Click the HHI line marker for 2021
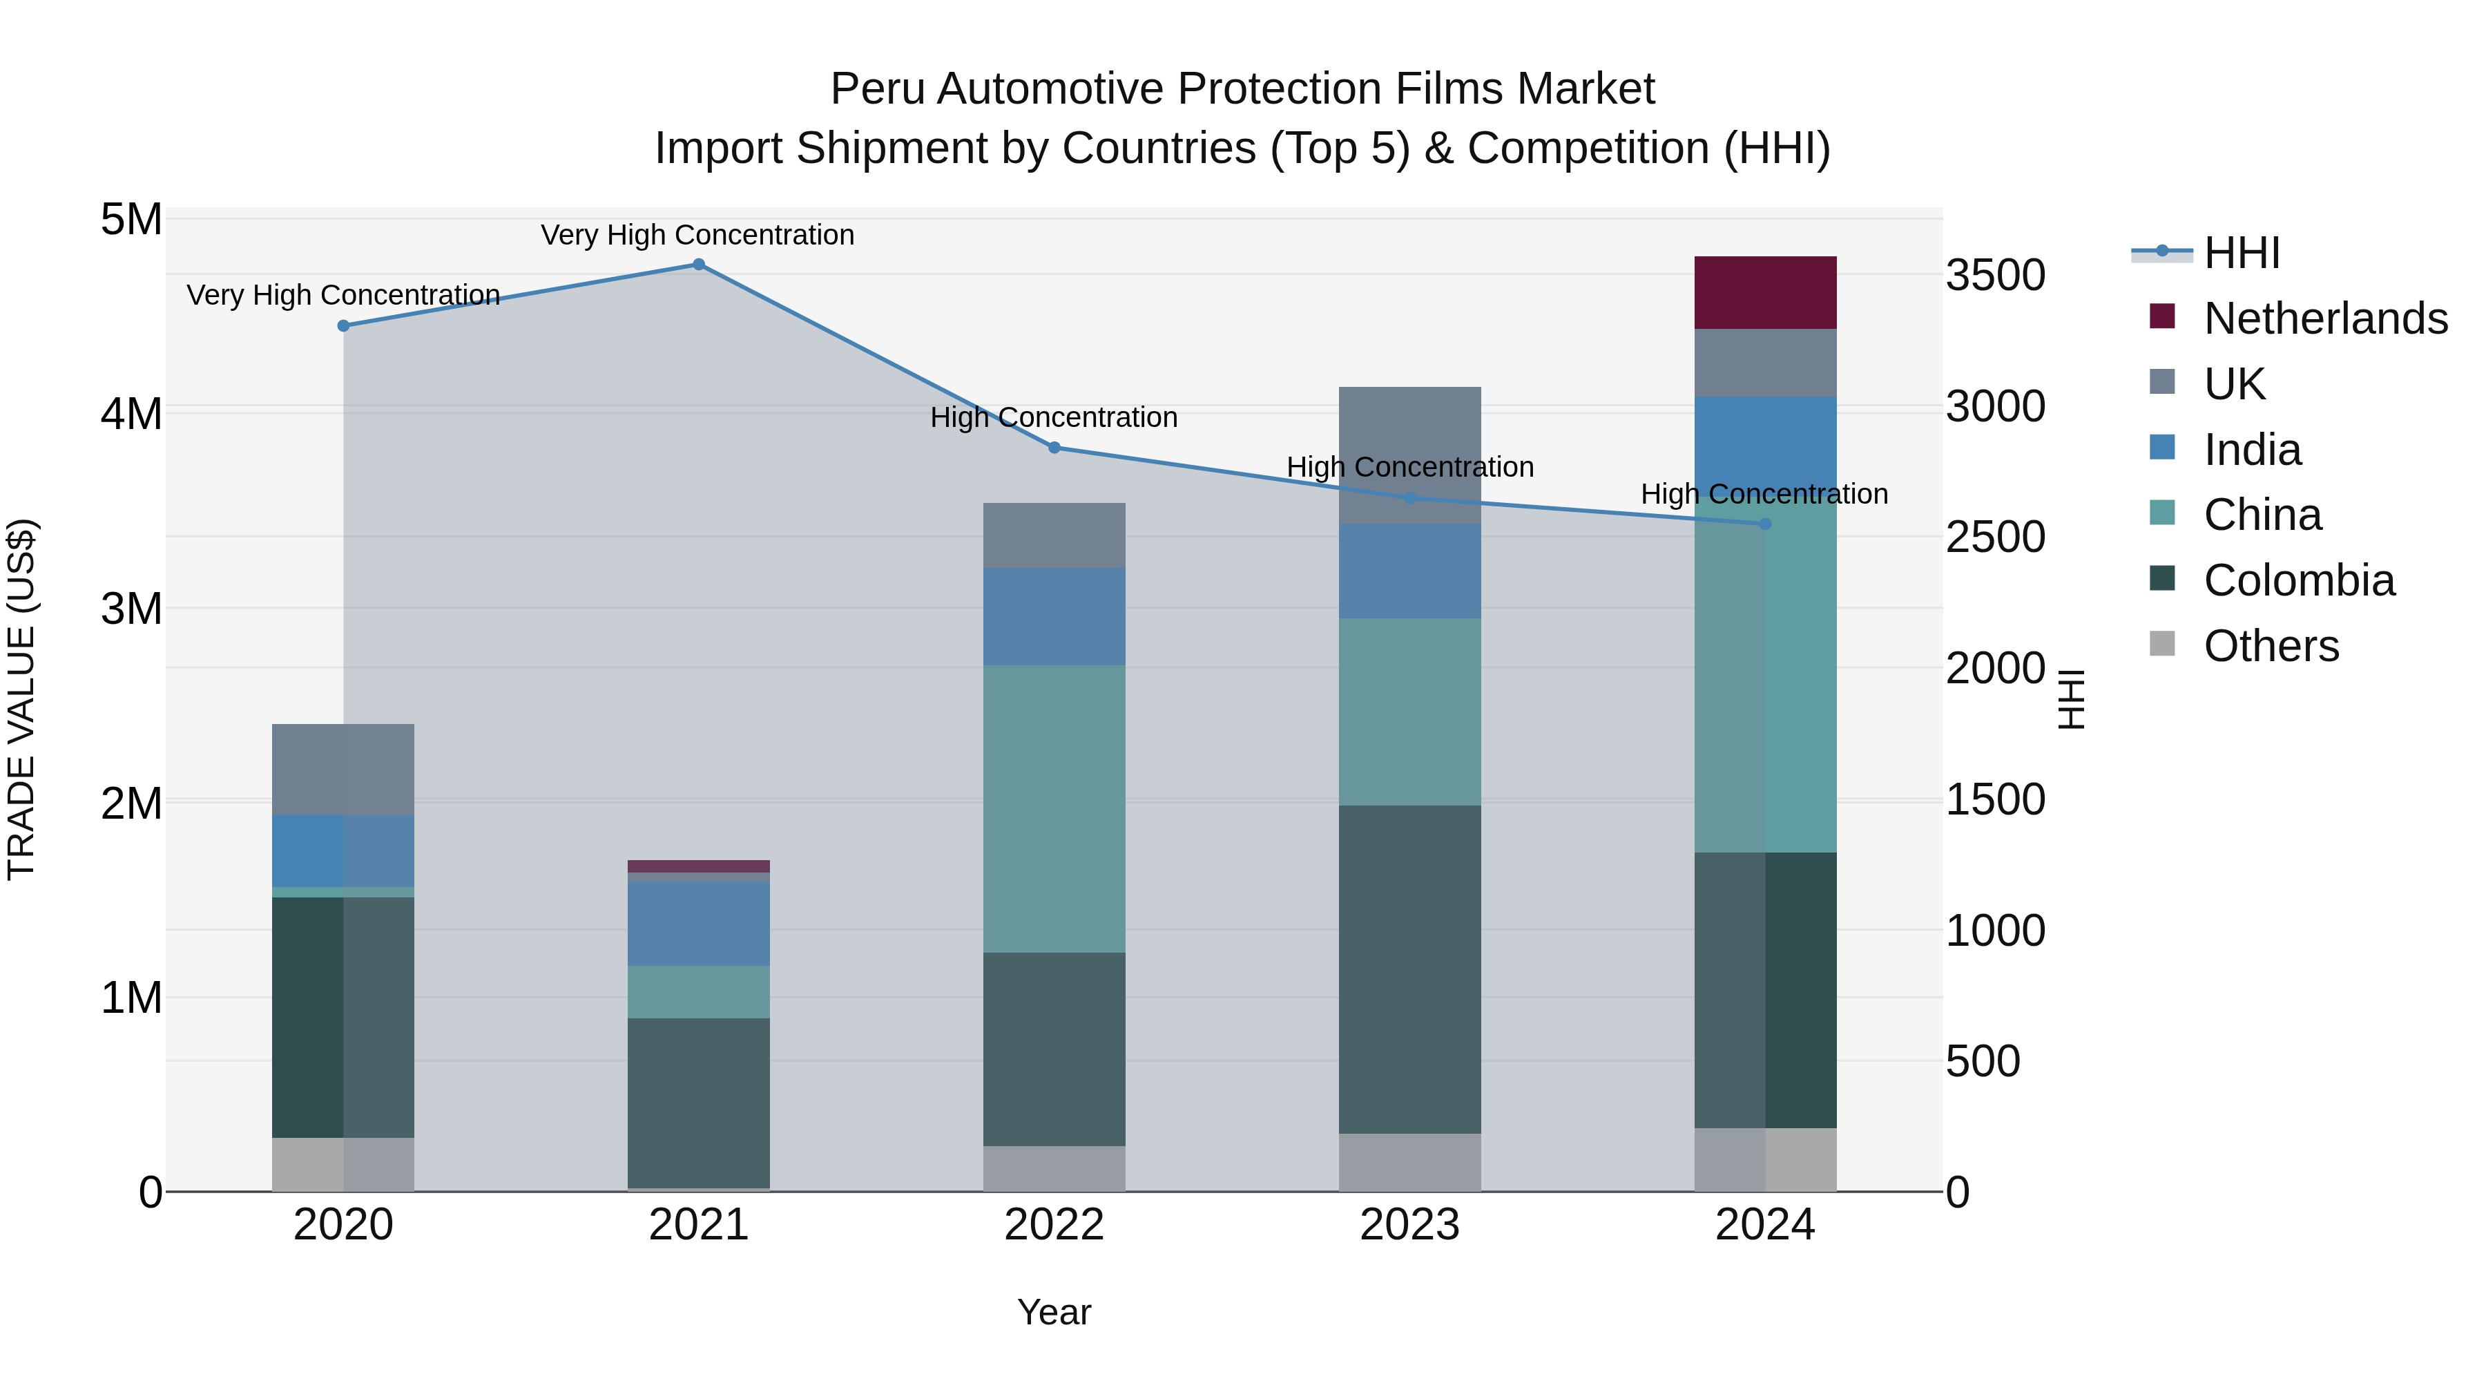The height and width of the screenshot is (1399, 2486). pyautogui.click(x=699, y=265)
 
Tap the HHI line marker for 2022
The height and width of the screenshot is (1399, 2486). pyautogui.click(x=1054, y=448)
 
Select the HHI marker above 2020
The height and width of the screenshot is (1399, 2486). pyautogui.click(x=344, y=326)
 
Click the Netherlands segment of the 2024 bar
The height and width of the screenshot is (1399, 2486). pyautogui.click(x=1765, y=292)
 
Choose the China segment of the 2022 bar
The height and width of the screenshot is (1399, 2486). pyautogui.click(x=1054, y=809)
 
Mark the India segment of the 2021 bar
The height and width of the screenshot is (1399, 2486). pyautogui.click(x=699, y=924)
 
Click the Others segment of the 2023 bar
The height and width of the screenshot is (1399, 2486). pyautogui.click(x=1410, y=1163)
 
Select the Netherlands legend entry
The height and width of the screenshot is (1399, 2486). pyautogui.click(x=2326, y=318)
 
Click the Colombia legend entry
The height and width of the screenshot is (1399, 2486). pyautogui.click(x=2299, y=580)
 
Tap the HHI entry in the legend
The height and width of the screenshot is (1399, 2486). pyautogui.click(x=2242, y=253)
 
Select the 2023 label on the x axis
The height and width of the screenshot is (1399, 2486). pyautogui.click(x=1410, y=1225)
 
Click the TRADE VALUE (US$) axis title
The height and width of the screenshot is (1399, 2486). pyautogui.click(x=21, y=699)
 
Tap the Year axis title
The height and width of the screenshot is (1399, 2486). pyautogui.click(x=1054, y=1312)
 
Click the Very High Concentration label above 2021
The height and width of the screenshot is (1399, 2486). pyautogui.click(x=697, y=236)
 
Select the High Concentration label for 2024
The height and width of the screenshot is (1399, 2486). pyautogui.click(x=1764, y=495)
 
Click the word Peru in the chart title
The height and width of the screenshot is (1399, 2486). pyautogui.click(x=877, y=89)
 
